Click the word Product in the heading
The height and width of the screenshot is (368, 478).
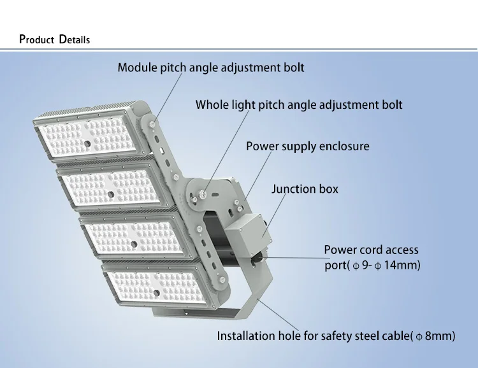(x=38, y=39)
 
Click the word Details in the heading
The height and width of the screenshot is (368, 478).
(x=75, y=39)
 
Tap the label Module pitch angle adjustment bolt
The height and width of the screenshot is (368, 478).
(x=210, y=67)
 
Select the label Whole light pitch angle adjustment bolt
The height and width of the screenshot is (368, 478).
(x=299, y=104)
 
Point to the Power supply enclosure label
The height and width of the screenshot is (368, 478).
(x=308, y=146)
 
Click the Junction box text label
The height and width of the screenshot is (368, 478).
(x=305, y=189)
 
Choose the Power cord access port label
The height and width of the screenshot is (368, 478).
(x=372, y=258)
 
